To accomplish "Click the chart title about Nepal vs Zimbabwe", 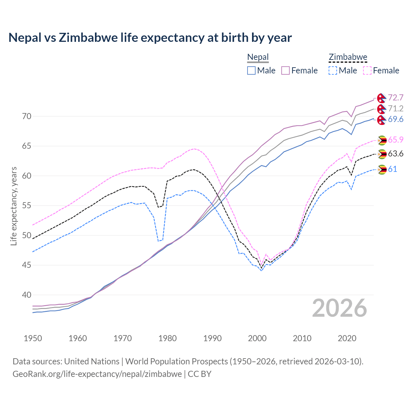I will pyautogui.click(x=150, y=38).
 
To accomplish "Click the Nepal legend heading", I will pyautogui.click(x=258, y=57).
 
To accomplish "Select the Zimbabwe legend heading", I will pyautogui.click(x=348, y=57).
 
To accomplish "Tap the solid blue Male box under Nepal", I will pyautogui.click(x=251, y=70).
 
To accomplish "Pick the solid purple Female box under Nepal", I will pyautogui.click(x=286, y=70).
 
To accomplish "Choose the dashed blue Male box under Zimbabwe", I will pyautogui.click(x=333, y=70).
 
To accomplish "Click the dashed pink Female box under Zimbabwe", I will pyautogui.click(x=367, y=70).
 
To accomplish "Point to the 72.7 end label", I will pyautogui.click(x=396, y=98).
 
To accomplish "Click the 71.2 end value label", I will pyautogui.click(x=396, y=108).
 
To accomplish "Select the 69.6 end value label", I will pyautogui.click(x=396, y=119).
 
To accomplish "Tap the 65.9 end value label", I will pyautogui.click(x=396, y=140).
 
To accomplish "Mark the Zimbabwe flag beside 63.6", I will pyautogui.click(x=382, y=154).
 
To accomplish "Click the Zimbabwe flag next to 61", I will pyautogui.click(x=382, y=169).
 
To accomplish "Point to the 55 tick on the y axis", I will pyautogui.click(x=27, y=206).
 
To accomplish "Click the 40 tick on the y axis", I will pyautogui.click(x=27, y=295).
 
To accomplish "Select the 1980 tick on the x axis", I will pyautogui.click(x=168, y=338).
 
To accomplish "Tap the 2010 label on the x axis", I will pyautogui.click(x=302, y=338).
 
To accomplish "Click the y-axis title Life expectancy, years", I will pyautogui.click(x=14, y=206).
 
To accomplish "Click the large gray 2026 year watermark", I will pyautogui.click(x=339, y=308).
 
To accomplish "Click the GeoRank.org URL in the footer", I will pyautogui.click(x=97, y=374).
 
